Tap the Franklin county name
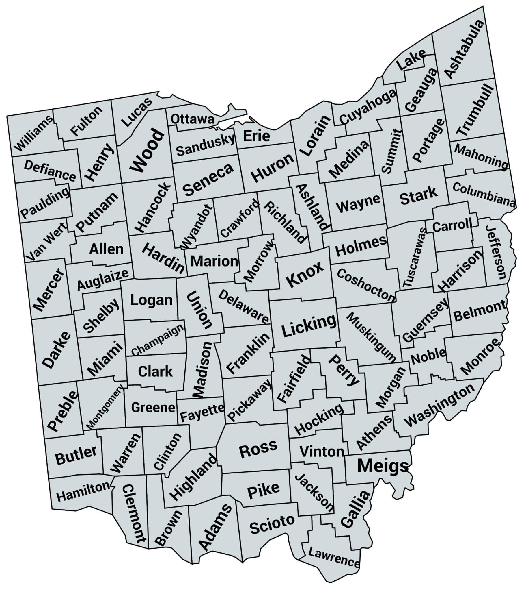click(x=248, y=353)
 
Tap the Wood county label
click(x=147, y=151)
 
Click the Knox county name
click(x=305, y=274)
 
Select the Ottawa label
click(x=192, y=119)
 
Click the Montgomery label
click(x=105, y=407)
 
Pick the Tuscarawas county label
click(x=414, y=257)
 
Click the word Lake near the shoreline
click(x=411, y=60)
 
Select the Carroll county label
click(x=452, y=226)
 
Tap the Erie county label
click(x=256, y=136)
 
